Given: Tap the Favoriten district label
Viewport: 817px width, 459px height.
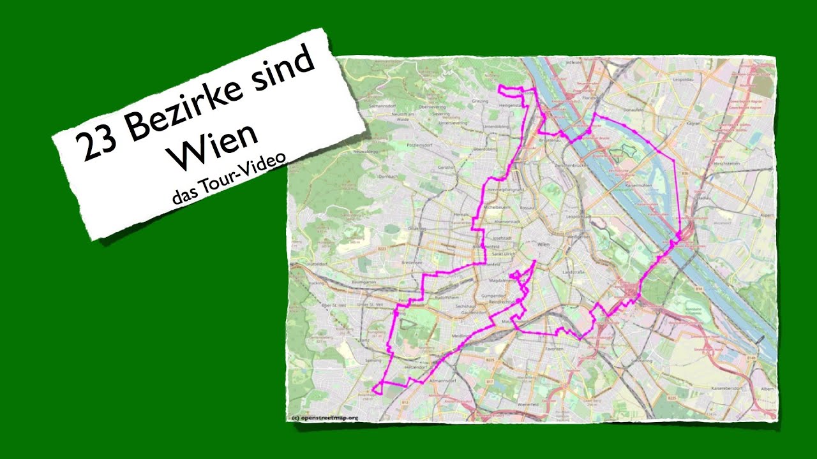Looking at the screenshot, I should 554,349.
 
